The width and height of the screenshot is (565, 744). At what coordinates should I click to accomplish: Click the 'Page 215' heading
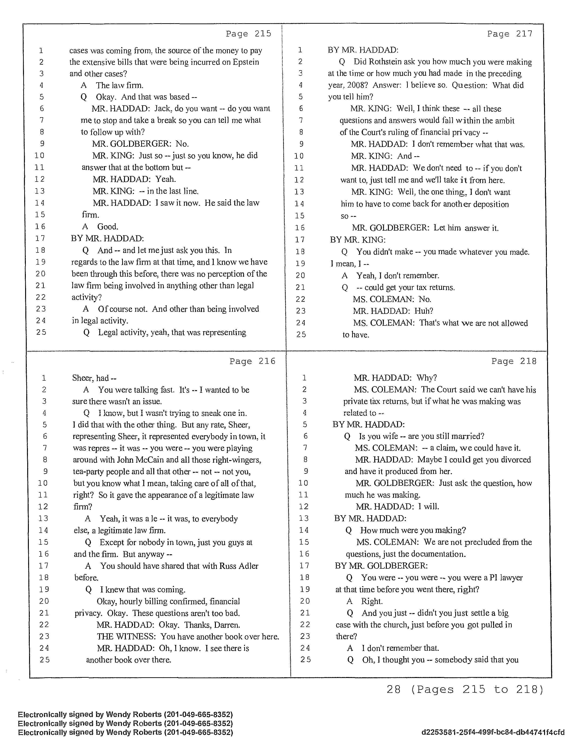coord(248,34)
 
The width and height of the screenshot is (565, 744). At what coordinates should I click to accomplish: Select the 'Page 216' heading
coord(252,361)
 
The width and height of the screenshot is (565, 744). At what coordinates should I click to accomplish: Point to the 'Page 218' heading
coord(514,361)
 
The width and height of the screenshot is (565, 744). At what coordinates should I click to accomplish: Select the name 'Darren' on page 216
coord(227,625)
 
